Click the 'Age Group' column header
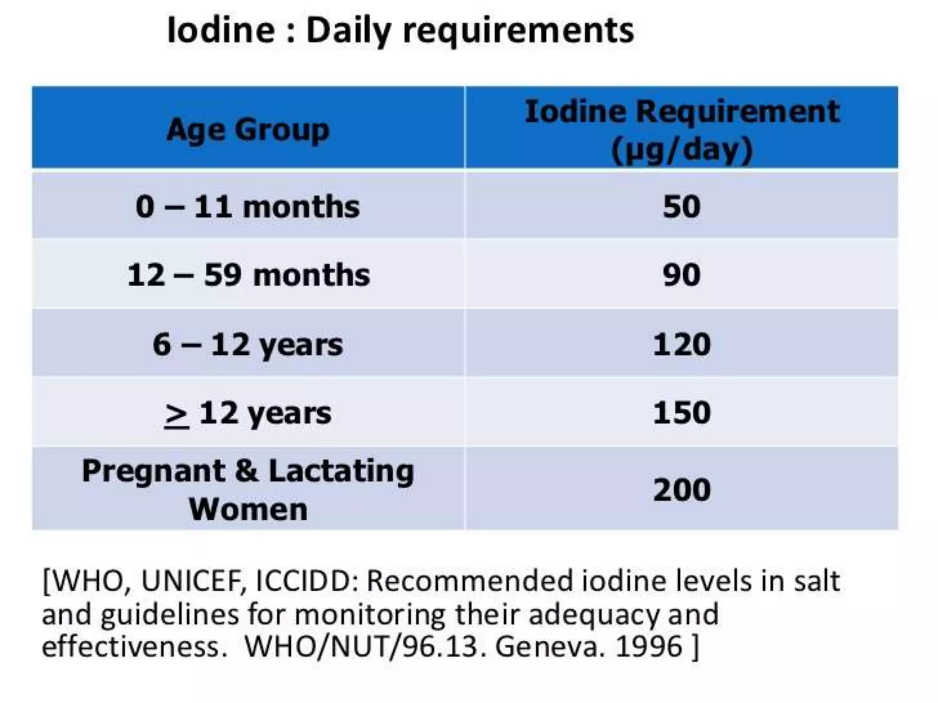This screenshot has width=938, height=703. [x=248, y=130]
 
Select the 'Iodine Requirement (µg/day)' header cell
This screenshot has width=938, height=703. [x=682, y=130]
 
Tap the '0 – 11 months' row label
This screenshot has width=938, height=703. [x=248, y=207]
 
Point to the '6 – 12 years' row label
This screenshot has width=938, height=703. [x=248, y=345]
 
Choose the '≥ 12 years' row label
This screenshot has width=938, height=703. [x=248, y=413]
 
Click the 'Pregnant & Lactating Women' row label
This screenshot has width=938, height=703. [x=248, y=490]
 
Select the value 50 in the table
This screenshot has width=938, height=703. [x=682, y=207]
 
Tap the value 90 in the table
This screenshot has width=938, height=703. [x=682, y=275]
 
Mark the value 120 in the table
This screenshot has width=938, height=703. [x=682, y=345]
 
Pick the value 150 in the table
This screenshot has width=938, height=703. [x=682, y=413]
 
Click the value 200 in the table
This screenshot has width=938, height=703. [x=682, y=490]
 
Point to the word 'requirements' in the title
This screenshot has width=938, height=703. [x=518, y=31]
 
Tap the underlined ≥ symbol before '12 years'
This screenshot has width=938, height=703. [x=177, y=415]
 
